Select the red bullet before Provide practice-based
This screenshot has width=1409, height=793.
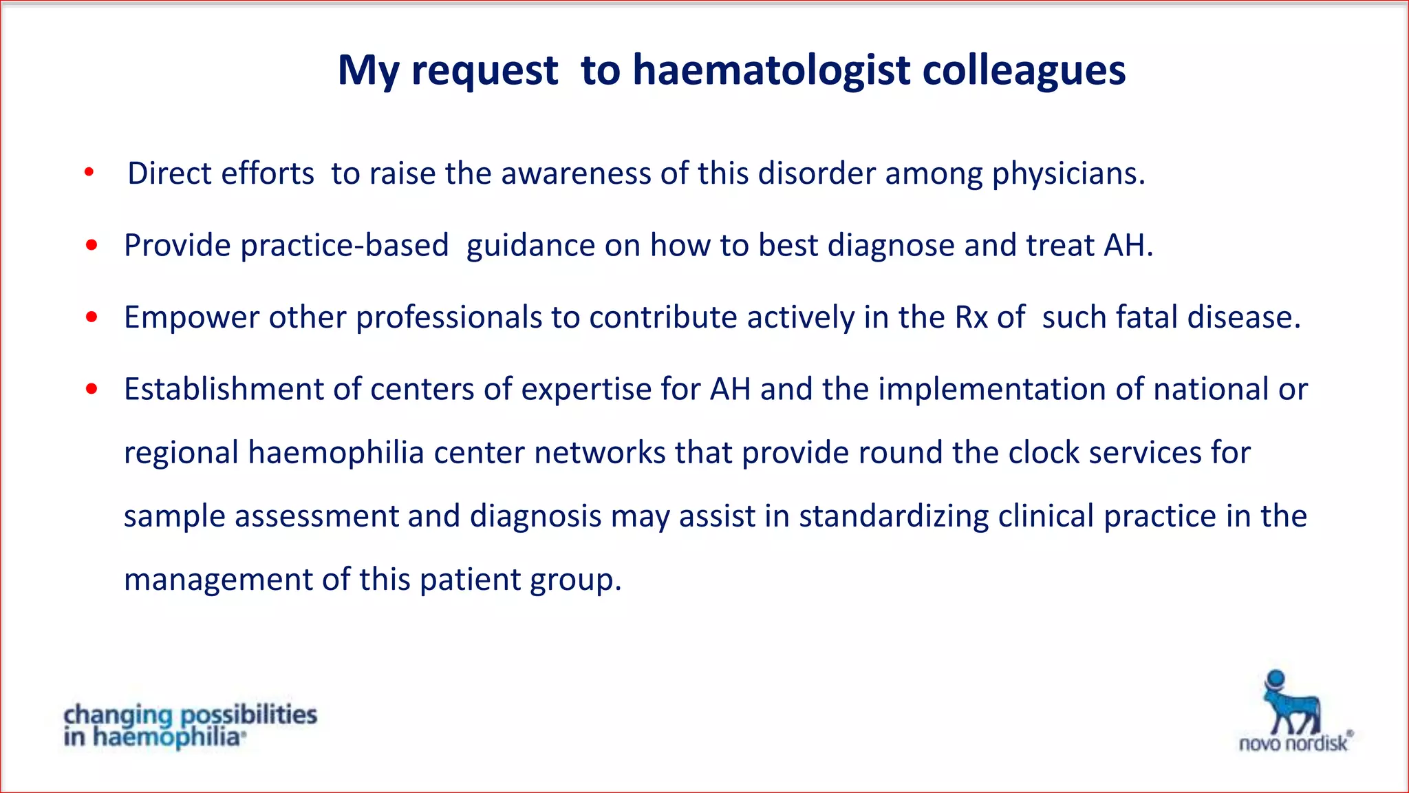pyautogui.click(x=92, y=245)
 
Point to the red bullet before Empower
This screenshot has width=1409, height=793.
pyautogui.click(x=92, y=317)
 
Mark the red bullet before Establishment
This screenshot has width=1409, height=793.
pyautogui.click(x=92, y=390)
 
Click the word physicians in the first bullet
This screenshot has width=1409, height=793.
pyautogui.click(x=1066, y=173)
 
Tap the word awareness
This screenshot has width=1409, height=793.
pyautogui.click(x=575, y=173)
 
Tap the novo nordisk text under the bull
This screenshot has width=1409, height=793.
pyautogui.click(x=1293, y=743)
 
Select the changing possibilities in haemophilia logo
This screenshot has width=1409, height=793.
pyautogui.click(x=190, y=725)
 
